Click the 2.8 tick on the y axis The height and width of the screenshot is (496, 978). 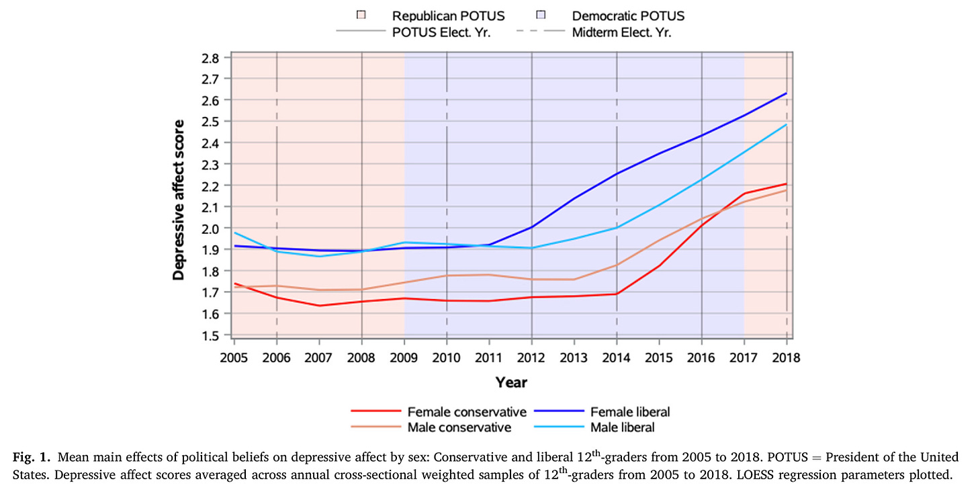pos(210,58)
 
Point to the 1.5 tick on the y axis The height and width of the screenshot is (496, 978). pos(210,335)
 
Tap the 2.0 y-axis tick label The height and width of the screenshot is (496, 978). pos(210,229)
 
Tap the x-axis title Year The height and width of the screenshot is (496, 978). pos(511,382)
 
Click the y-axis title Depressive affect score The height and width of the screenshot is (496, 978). pos(179,200)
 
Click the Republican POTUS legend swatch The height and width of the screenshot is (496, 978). pos(361,15)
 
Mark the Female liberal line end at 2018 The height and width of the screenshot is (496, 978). pos(787,93)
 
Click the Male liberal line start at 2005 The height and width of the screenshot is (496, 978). pos(234,233)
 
